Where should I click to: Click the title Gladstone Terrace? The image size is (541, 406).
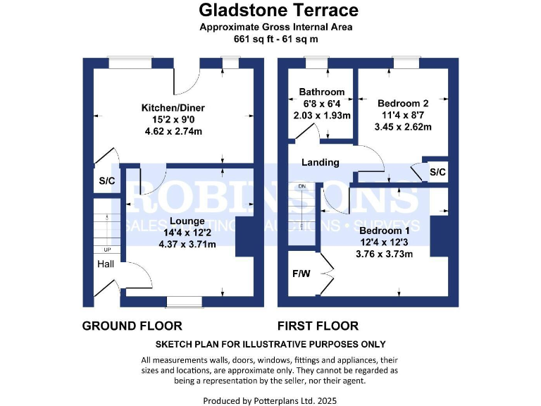[278, 10]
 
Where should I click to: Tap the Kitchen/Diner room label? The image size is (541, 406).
[173, 108]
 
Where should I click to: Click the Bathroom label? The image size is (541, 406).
[321, 92]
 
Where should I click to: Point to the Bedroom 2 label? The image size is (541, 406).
[402, 102]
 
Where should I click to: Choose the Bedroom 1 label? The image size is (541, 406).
[384, 230]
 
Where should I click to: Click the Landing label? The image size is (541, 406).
[321, 162]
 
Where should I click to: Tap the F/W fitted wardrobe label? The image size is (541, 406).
[301, 273]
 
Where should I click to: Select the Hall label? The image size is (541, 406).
[106, 264]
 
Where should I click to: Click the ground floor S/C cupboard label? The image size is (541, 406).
[106, 181]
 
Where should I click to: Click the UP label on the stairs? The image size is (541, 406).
[107, 250]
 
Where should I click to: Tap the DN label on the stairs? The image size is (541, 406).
[302, 186]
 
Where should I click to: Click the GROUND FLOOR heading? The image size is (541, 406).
[132, 326]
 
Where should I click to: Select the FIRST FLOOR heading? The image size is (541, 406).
[318, 326]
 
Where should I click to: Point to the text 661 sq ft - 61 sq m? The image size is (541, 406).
[276, 39]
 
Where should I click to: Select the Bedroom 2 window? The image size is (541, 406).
[406, 63]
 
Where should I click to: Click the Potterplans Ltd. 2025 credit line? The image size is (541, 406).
[270, 400]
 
